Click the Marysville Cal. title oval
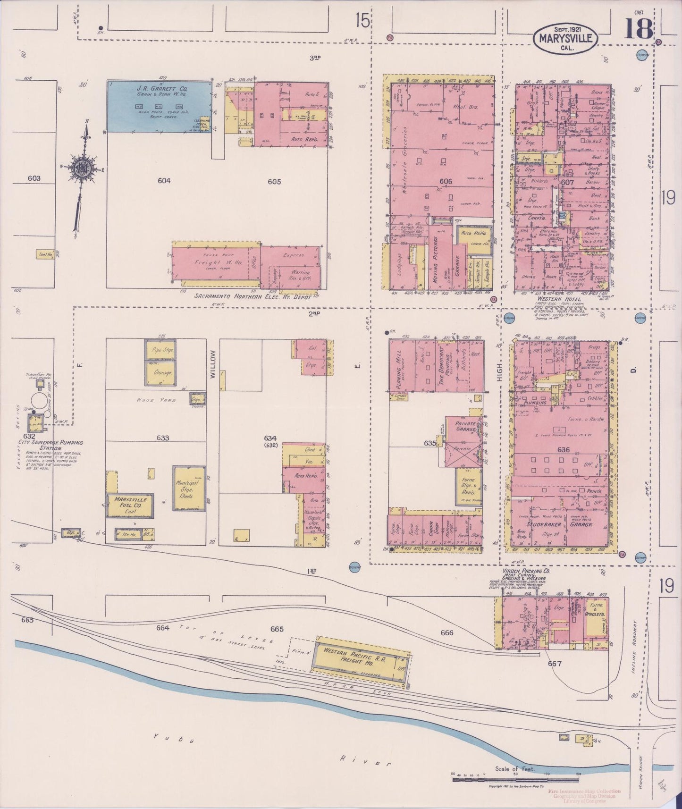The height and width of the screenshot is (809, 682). coord(565,37)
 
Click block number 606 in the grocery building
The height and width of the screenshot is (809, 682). coord(445,181)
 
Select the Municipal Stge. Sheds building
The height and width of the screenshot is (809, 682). coord(189,488)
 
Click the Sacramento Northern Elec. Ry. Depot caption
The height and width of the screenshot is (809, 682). coord(253,297)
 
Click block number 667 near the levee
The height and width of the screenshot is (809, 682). coord(555,663)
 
